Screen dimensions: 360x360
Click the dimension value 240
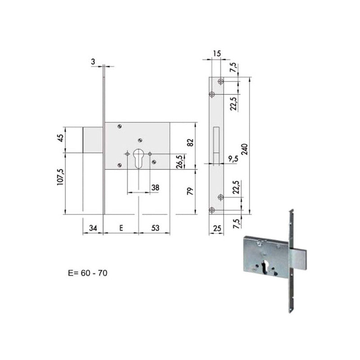pos(245,149)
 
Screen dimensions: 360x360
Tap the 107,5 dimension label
pos(60,177)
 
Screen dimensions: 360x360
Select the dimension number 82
pos(190,143)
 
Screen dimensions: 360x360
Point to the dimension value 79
pos(190,191)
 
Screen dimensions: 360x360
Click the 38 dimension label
pos(155,188)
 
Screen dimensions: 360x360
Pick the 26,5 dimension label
pos(180,162)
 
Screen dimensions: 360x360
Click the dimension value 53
pos(155,228)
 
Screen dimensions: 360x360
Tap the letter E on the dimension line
pos(121,228)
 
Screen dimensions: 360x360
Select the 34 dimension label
pos(93,228)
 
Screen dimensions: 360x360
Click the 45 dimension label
pos(60,138)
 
